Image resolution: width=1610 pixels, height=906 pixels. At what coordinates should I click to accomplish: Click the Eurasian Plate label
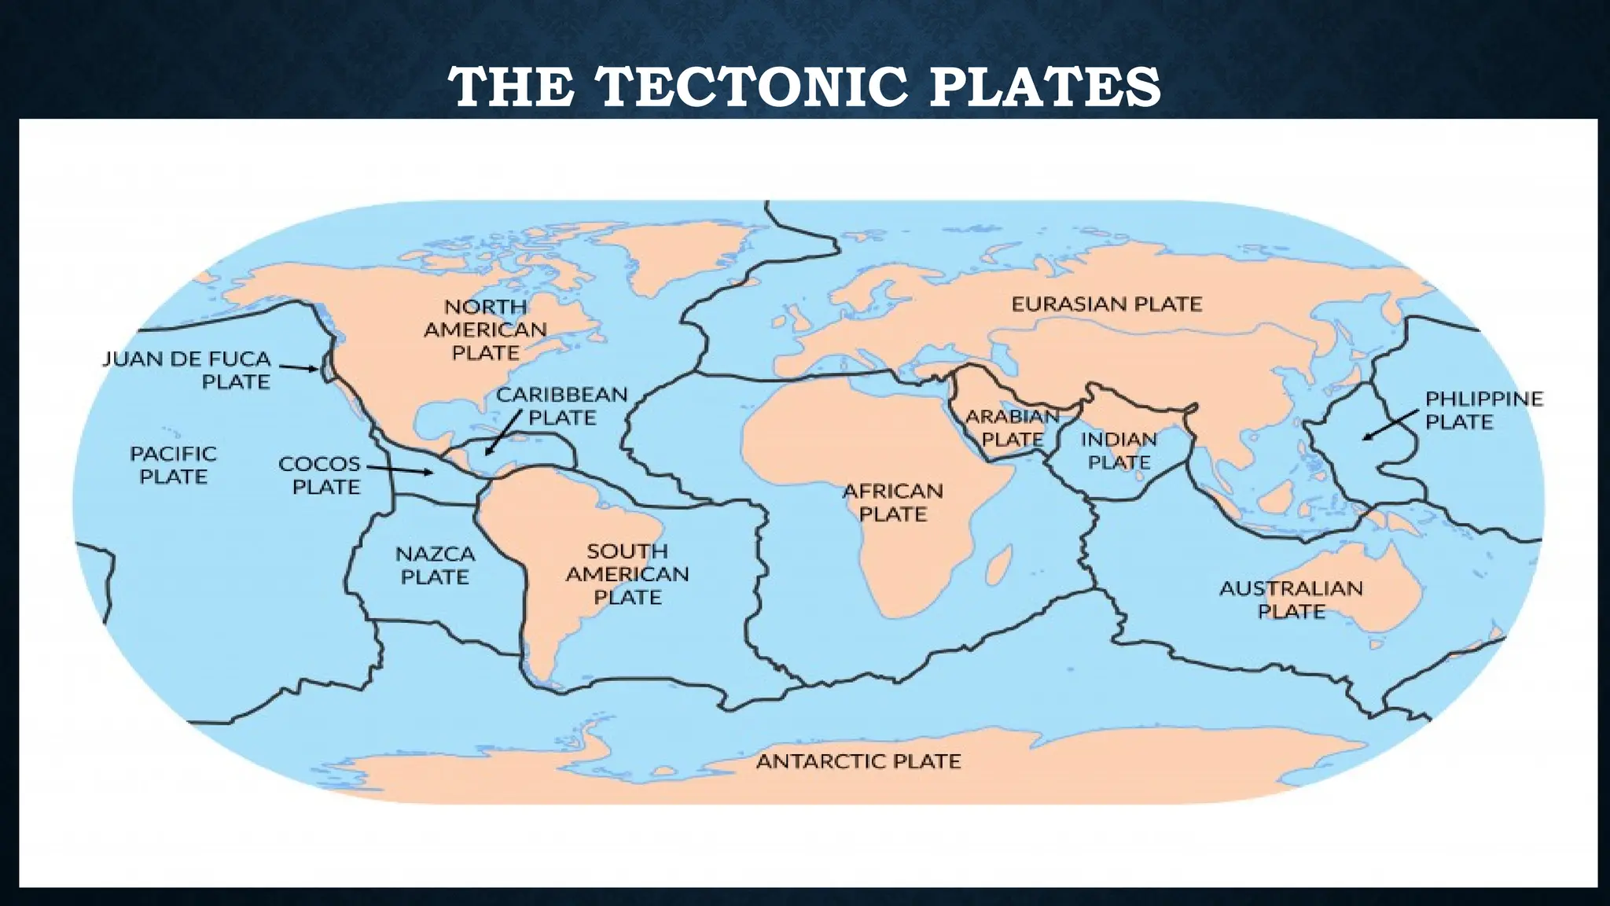click(1106, 304)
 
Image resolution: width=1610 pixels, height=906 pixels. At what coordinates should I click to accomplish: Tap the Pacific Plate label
click(173, 465)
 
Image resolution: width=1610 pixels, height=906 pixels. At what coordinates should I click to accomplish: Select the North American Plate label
click(485, 330)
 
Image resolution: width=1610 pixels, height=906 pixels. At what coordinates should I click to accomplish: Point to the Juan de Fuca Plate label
click(187, 370)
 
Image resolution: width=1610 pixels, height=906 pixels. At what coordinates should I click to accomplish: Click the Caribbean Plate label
click(561, 406)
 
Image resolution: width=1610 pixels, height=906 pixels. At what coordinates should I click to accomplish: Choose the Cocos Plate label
click(320, 475)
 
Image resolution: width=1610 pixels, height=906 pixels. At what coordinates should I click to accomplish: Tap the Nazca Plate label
click(435, 565)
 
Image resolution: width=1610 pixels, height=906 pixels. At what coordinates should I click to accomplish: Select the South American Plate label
click(627, 574)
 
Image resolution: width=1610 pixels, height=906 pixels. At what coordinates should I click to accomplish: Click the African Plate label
click(892, 503)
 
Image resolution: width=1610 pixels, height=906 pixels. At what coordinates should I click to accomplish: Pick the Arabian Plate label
click(1013, 427)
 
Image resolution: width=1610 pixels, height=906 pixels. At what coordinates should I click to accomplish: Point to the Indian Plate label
click(1119, 451)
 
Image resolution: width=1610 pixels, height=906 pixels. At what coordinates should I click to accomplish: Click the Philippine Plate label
click(1484, 410)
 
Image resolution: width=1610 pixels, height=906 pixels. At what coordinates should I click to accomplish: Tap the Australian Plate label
click(1291, 599)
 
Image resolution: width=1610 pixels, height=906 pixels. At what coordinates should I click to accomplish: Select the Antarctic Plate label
click(858, 761)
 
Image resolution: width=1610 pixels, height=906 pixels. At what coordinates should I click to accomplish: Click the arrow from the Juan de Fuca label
click(299, 367)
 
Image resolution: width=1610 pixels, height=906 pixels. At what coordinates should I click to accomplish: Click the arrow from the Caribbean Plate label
click(504, 432)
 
